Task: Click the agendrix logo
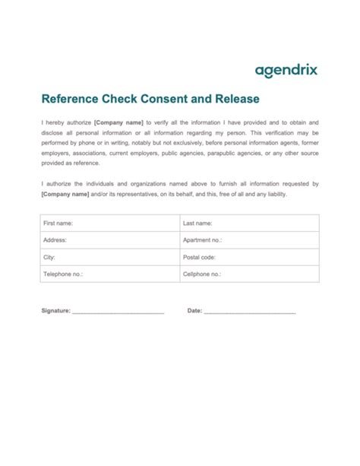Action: (x=286, y=71)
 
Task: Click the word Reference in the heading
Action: (x=71, y=99)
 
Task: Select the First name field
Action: (x=109, y=223)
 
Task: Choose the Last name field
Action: (x=249, y=223)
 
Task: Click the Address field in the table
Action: (x=109, y=240)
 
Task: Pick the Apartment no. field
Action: (x=249, y=240)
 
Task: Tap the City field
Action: (x=109, y=257)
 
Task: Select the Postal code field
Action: (x=249, y=257)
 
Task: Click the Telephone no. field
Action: (x=109, y=274)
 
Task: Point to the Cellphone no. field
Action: (x=249, y=274)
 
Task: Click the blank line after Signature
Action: (x=118, y=312)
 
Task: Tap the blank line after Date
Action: (x=250, y=312)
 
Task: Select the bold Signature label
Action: (x=55, y=310)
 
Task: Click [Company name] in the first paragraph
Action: (x=118, y=122)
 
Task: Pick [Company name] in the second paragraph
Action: (x=65, y=194)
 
